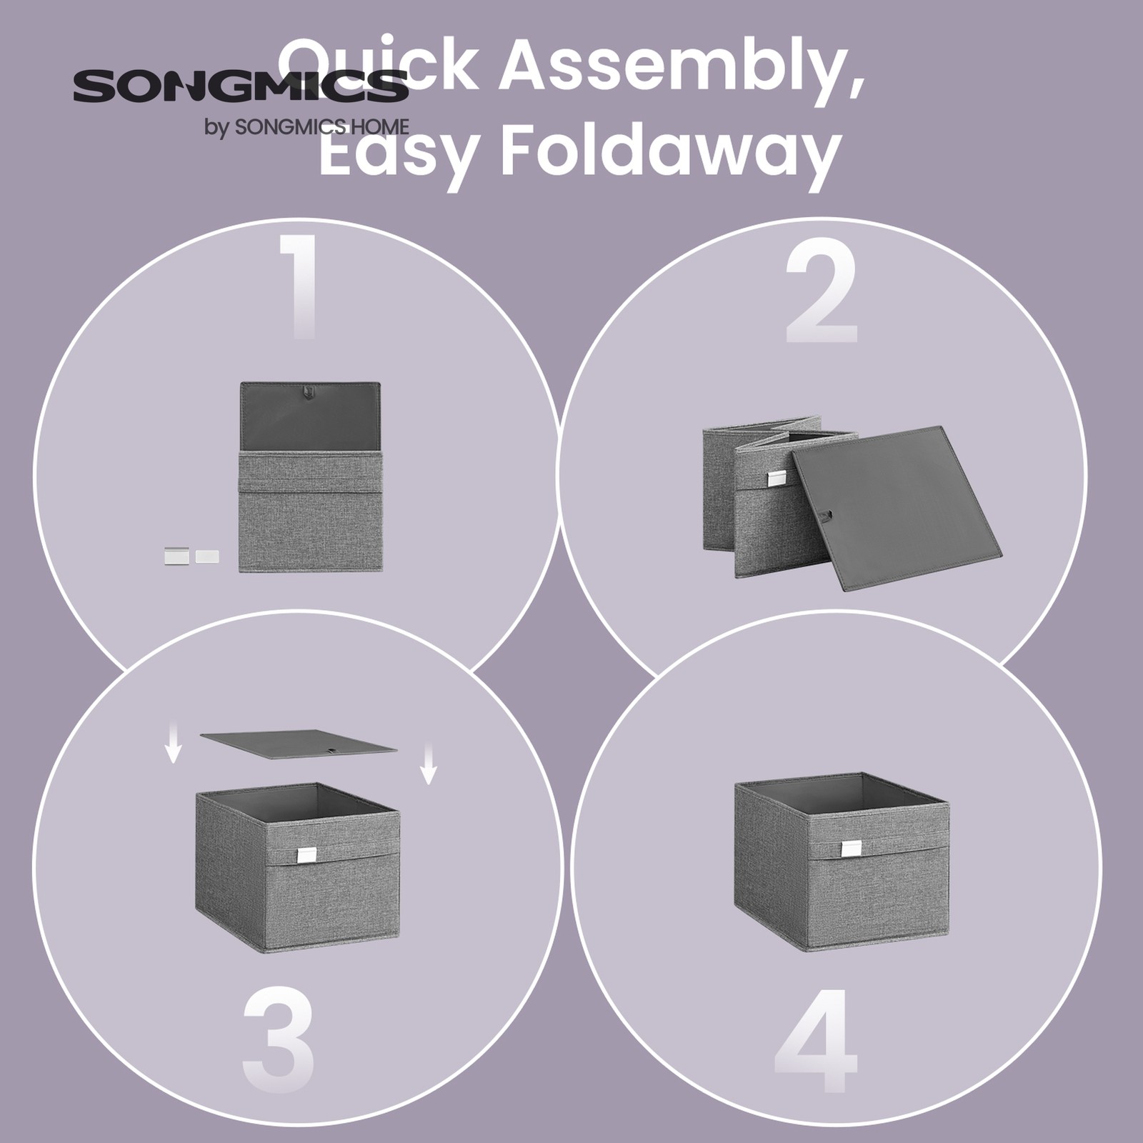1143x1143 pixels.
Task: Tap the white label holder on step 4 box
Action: [851, 847]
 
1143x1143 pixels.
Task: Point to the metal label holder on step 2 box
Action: [778, 478]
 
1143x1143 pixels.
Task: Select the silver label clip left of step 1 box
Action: [178, 556]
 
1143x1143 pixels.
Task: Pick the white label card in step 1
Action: [207, 556]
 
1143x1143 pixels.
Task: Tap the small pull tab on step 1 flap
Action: [309, 391]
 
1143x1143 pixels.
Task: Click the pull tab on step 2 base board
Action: [827, 514]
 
